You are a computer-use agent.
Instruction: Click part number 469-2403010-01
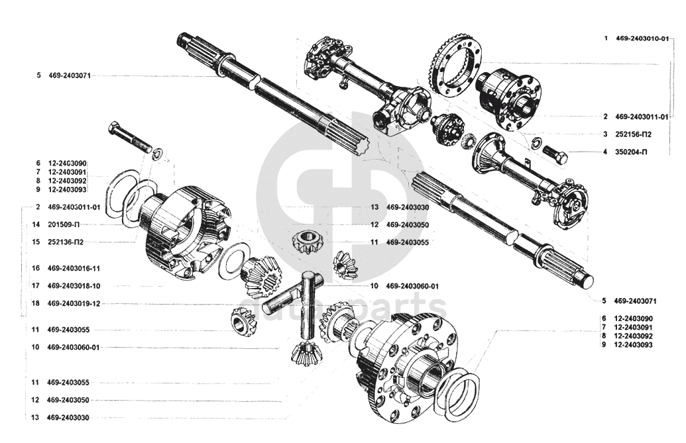[642, 38]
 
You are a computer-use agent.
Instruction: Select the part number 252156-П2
[633, 134]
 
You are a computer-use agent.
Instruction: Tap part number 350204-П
[631, 152]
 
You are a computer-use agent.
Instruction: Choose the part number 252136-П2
[65, 242]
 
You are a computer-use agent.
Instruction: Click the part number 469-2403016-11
[74, 268]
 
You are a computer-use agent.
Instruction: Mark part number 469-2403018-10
[74, 285]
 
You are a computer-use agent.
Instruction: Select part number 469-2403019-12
[74, 303]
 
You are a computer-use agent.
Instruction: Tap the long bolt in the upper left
[129, 135]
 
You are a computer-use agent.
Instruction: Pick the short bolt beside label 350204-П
[555, 154]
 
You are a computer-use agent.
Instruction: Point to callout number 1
[606, 38]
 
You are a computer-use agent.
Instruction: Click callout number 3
[606, 134]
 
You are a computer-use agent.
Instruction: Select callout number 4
[606, 152]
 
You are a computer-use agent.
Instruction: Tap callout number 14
[36, 224]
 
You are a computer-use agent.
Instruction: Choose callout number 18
[36, 303]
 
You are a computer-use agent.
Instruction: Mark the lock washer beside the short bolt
[536, 142]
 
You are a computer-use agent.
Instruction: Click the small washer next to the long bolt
[157, 154]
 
